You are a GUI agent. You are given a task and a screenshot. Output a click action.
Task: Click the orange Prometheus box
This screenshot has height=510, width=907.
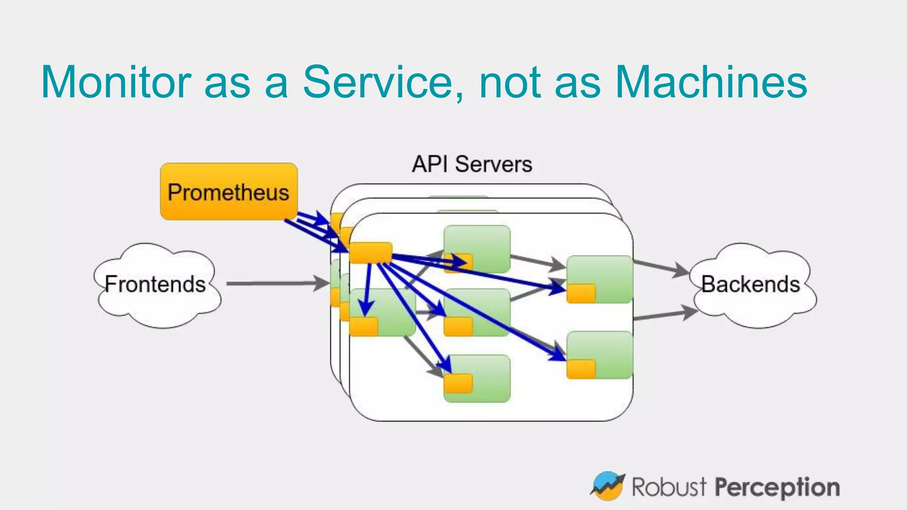(229, 191)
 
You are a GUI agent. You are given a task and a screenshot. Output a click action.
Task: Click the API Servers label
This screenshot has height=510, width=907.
(472, 164)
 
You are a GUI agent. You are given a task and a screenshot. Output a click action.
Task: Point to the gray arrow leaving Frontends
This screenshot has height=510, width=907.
(275, 283)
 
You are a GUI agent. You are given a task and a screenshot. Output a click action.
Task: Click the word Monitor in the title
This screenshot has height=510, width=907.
(116, 82)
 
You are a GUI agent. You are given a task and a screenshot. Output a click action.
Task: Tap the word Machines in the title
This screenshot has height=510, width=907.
(711, 82)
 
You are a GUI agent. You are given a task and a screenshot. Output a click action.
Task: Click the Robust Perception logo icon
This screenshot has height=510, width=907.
(608, 486)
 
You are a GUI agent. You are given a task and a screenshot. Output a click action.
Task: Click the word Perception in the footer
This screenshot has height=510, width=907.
(778, 487)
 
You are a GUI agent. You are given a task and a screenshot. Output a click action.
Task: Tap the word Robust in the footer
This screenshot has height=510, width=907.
(668, 487)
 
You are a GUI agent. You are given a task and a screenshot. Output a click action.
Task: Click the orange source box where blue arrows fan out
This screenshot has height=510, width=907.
(371, 253)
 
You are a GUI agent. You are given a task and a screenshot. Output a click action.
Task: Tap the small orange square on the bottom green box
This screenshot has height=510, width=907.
(458, 383)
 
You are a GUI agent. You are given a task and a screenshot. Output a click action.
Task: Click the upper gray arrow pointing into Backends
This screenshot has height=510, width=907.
(660, 267)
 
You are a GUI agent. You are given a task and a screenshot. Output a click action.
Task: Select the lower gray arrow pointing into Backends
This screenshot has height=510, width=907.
(664, 315)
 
